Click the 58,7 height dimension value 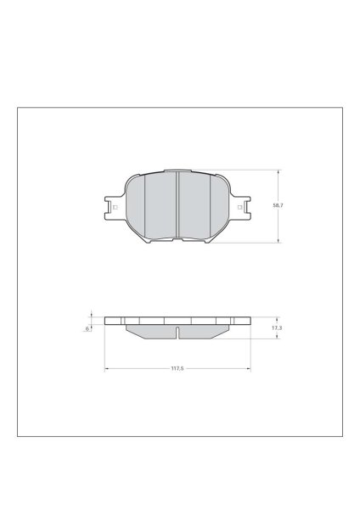[x=278, y=205]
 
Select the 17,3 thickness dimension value [x=277, y=328]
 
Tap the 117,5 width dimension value [x=177, y=368]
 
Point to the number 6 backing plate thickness [x=87, y=329]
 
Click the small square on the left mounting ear [x=115, y=207]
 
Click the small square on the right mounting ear [x=239, y=207]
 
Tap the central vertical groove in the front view [x=177, y=205]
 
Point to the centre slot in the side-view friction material [x=177, y=333]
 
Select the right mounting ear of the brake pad [x=240, y=208]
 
